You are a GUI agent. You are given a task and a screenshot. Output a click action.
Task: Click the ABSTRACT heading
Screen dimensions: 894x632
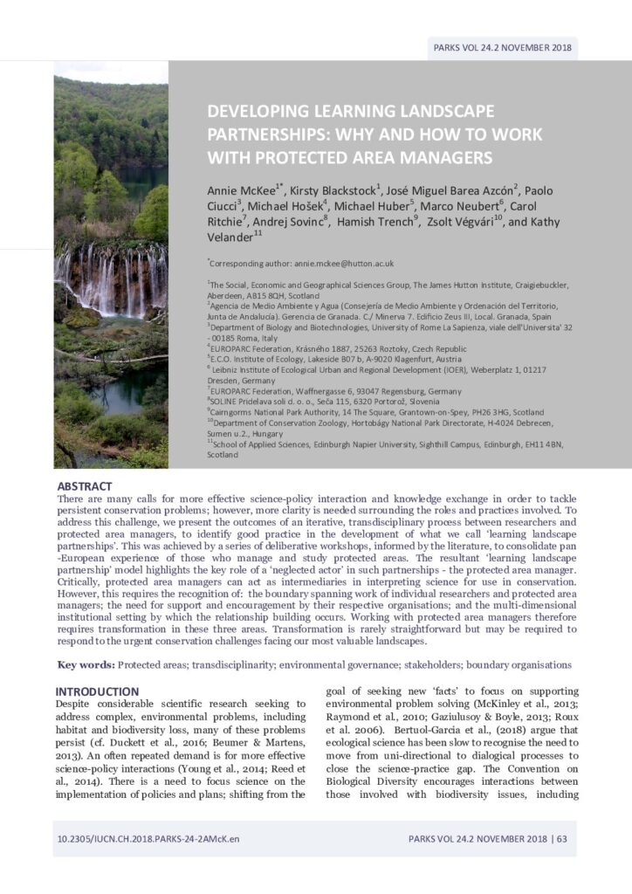(85, 485)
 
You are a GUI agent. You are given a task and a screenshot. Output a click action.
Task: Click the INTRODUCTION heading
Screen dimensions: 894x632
(97, 691)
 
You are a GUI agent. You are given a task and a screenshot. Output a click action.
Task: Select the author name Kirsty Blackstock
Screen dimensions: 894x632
(326, 190)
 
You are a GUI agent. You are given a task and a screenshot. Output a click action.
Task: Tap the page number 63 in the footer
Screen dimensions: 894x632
(561, 838)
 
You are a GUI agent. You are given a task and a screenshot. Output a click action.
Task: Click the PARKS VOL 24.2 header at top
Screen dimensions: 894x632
(502, 47)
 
